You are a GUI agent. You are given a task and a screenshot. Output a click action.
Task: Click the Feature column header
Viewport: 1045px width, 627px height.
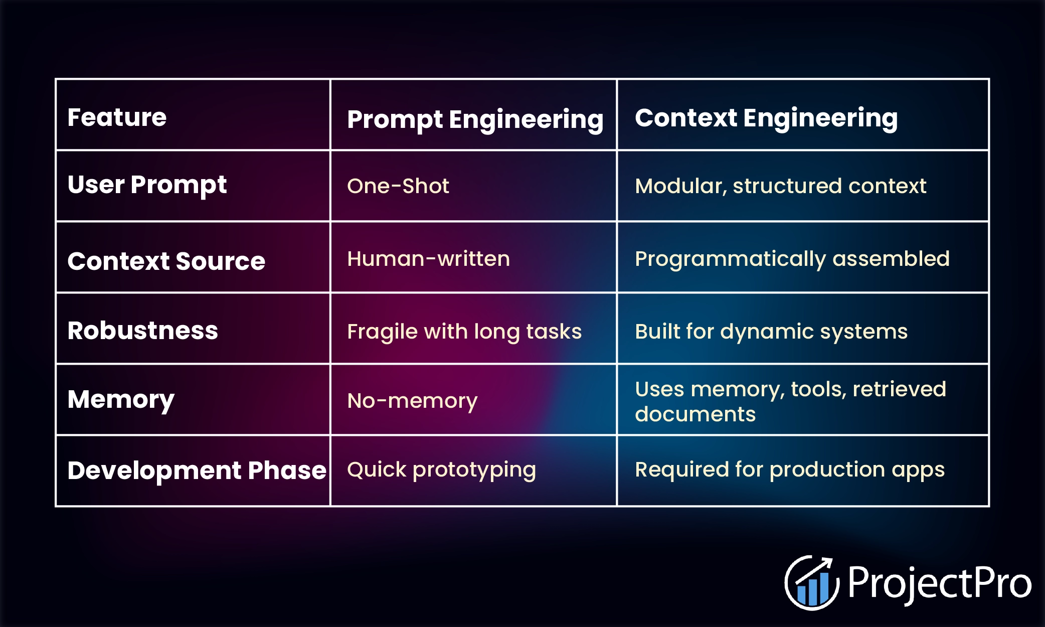pyautogui.click(x=117, y=117)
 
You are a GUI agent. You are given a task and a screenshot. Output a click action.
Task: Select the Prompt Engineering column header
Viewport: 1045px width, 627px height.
pyautogui.click(x=475, y=120)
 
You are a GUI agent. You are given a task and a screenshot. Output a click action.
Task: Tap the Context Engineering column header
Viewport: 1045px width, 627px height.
pyautogui.click(x=766, y=119)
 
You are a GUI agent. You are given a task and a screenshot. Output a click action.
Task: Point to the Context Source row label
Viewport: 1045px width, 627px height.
pyautogui.click(x=166, y=261)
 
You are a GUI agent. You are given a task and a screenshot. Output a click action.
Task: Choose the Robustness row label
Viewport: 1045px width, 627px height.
pyautogui.click(x=143, y=331)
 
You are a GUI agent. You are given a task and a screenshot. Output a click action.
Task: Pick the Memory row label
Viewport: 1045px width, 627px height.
pyautogui.click(x=121, y=400)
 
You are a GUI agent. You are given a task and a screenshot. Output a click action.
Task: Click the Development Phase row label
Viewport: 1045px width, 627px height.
pyautogui.click(x=197, y=471)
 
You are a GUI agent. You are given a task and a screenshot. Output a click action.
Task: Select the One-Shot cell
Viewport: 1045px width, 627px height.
pyautogui.click(x=398, y=186)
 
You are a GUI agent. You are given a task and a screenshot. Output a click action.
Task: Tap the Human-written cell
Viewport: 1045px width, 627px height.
pyautogui.click(x=429, y=259)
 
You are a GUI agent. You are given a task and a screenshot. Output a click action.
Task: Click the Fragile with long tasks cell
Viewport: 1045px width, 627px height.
pyautogui.click(x=464, y=332)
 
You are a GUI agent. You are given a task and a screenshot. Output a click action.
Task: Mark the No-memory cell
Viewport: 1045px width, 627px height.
pyautogui.click(x=412, y=401)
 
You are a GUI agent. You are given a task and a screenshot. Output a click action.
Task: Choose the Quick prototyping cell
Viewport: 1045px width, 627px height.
pyautogui.click(x=442, y=470)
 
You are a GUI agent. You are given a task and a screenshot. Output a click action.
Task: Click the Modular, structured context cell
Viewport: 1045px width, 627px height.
pyautogui.click(x=781, y=186)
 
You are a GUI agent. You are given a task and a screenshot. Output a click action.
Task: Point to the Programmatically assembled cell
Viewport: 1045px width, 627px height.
pyautogui.click(x=792, y=259)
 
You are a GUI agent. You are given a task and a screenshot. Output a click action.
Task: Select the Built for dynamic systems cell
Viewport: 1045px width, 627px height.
pyautogui.click(x=771, y=332)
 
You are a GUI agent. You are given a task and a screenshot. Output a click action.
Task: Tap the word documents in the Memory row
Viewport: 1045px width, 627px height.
pyautogui.click(x=695, y=414)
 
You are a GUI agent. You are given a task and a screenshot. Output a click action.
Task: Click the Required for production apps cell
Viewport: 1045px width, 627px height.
pyautogui.click(x=790, y=470)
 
